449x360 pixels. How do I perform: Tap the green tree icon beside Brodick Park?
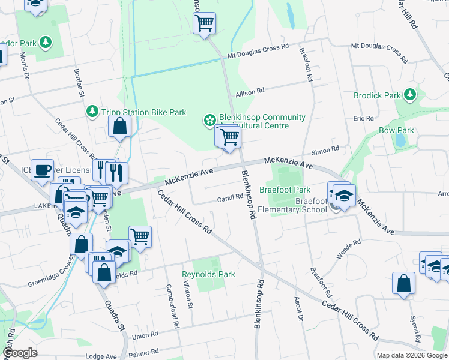point(410,95)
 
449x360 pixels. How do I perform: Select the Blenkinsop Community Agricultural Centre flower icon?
point(209,121)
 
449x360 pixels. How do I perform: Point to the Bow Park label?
point(396,130)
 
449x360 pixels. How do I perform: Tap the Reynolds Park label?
point(208,274)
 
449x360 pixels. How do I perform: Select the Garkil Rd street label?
point(231,196)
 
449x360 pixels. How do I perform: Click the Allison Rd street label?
point(250,92)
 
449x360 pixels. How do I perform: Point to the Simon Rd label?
point(326,149)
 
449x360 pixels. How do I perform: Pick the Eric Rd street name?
point(363,119)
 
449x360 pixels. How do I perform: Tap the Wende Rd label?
point(349,249)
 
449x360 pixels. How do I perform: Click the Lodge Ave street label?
point(101,356)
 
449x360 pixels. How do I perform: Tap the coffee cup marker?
point(42,170)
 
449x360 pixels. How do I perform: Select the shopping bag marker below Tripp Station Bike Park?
point(119,126)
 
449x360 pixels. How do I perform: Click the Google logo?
point(20,353)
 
